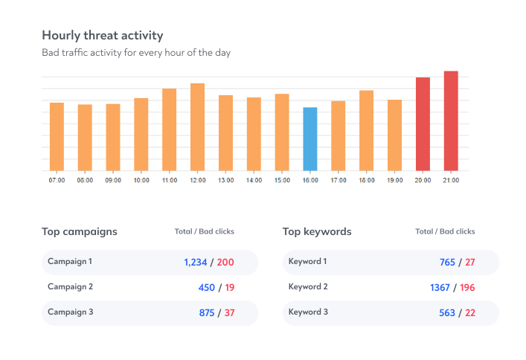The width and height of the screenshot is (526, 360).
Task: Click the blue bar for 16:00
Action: (310, 139)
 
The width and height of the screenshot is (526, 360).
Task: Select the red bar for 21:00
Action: (451, 120)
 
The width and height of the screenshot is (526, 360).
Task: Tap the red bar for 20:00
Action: (423, 123)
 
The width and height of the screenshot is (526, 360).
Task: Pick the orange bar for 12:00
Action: (197, 126)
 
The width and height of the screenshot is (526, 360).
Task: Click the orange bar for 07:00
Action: (57, 136)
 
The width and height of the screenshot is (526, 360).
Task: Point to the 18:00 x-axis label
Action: (366, 180)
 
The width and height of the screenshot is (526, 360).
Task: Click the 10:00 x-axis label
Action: (141, 180)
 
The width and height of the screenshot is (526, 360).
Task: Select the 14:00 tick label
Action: (254, 180)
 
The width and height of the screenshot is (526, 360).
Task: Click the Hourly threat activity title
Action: (103, 36)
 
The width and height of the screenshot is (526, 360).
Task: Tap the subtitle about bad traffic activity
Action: (136, 54)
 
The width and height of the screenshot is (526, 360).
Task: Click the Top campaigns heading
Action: (80, 232)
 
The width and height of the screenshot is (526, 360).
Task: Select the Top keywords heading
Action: (317, 232)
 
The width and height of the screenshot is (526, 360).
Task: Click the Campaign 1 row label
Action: (70, 262)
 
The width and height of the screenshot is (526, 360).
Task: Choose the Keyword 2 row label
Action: (308, 287)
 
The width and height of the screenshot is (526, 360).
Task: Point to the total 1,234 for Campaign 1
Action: (196, 263)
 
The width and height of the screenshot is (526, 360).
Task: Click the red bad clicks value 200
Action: (225, 263)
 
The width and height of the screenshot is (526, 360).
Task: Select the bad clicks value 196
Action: (467, 288)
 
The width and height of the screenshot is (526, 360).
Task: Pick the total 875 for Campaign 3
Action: (207, 313)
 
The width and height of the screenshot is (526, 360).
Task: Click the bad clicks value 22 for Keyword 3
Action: (470, 313)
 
